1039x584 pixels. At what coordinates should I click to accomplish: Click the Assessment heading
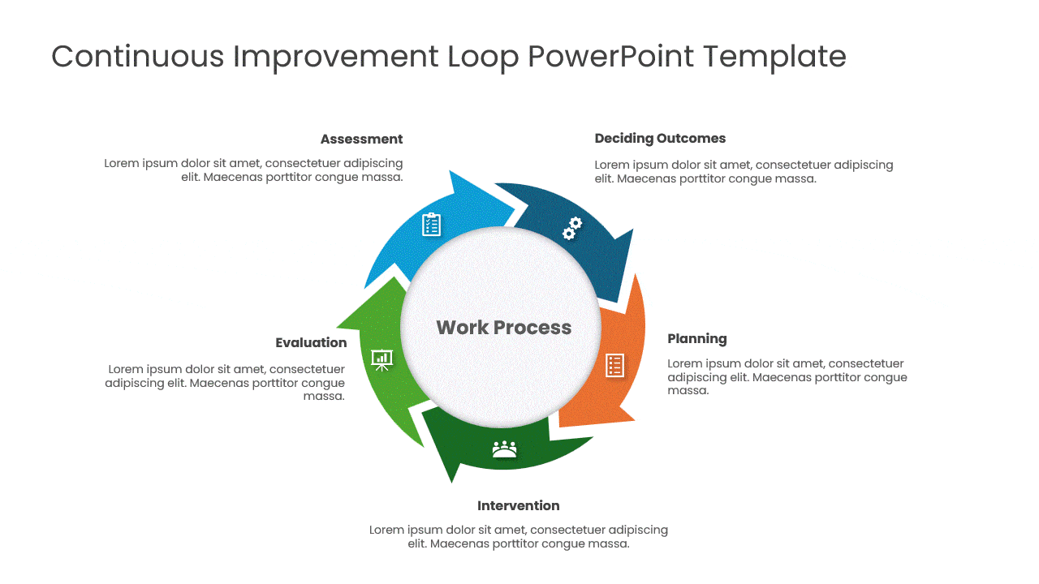coord(361,140)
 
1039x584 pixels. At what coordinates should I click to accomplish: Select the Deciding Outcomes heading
coord(660,139)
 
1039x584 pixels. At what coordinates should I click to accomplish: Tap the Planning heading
coord(696,339)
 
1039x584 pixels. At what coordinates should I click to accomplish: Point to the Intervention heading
coord(518,506)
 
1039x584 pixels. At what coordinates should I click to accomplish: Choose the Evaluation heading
coord(311,343)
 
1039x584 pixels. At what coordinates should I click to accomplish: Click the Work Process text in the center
coord(503,328)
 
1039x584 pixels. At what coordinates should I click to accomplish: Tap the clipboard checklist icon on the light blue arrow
coord(431,225)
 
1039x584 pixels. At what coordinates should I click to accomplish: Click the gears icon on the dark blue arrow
coord(572,228)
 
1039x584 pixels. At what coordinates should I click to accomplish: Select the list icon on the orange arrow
coord(614,366)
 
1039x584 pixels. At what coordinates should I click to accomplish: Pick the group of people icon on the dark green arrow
coord(504,449)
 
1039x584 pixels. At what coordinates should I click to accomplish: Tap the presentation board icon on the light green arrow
coord(382,359)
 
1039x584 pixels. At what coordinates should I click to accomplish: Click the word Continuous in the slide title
coord(137,57)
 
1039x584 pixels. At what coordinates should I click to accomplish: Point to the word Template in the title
coord(774,57)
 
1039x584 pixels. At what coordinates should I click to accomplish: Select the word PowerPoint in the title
coord(610,57)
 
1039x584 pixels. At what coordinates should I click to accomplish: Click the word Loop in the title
coord(483,57)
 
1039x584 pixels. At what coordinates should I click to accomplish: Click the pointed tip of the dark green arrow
coord(451,482)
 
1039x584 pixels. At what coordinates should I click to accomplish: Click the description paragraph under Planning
coord(787,377)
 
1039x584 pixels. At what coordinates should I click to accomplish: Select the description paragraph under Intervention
coord(518,537)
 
